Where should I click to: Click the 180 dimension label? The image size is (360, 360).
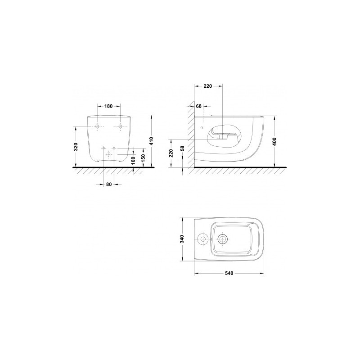pos(108,106)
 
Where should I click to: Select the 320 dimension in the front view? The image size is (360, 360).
pos(76,147)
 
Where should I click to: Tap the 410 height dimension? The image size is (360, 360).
pos(151,141)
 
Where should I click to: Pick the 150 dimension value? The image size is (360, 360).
pos(143,158)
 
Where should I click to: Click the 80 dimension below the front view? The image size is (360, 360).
pos(109,184)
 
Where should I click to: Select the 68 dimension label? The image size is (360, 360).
pos(199,106)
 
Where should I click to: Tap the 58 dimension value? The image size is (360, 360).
pos(183,148)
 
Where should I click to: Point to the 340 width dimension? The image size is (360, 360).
pos(182,239)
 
